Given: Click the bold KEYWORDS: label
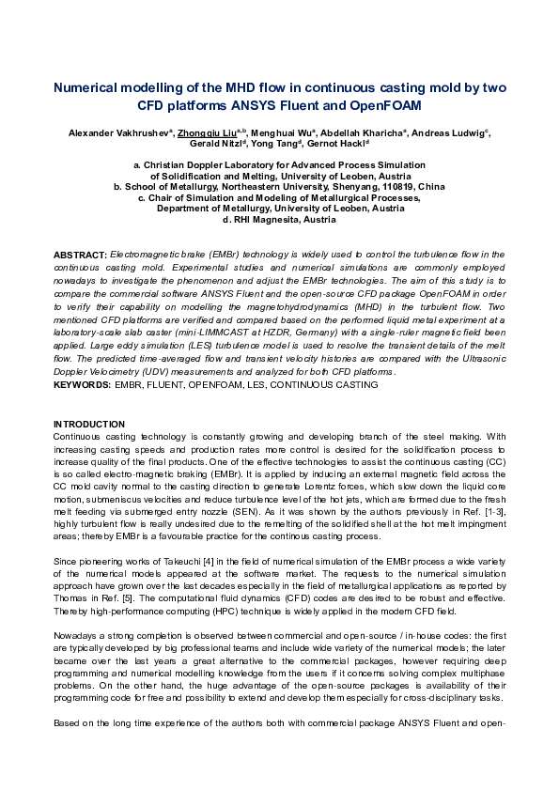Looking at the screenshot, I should (83, 385).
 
